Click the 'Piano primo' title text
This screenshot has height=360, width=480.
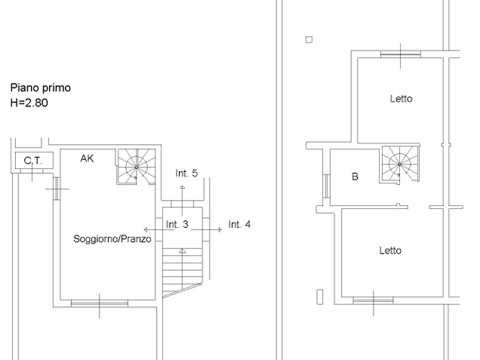coord(41,88)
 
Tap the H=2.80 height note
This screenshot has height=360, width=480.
coord(29,103)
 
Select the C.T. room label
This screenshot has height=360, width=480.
coord(33,161)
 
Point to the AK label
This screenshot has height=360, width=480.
coord(87,158)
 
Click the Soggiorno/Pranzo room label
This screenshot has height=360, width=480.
coord(112,238)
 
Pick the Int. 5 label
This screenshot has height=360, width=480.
coord(186,174)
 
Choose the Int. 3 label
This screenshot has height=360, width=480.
coord(177,224)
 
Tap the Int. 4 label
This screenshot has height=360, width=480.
coord(239,224)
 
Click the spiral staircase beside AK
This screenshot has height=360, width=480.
coord(136,167)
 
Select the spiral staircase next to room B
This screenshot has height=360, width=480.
coord(400,165)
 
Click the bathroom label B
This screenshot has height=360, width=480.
coord(355,177)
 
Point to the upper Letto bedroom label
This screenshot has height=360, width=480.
coord(401,99)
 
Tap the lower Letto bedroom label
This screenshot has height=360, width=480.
coord(390,251)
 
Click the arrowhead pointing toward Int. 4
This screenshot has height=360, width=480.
coord(220,229)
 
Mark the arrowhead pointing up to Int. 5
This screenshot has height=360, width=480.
coord(183,187)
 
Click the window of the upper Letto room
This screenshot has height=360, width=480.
coord(401,54)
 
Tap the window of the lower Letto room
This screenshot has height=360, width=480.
coord(373,300)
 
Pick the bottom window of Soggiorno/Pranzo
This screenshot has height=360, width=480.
coord(100,303)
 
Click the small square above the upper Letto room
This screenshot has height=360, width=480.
coord(309,39)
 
